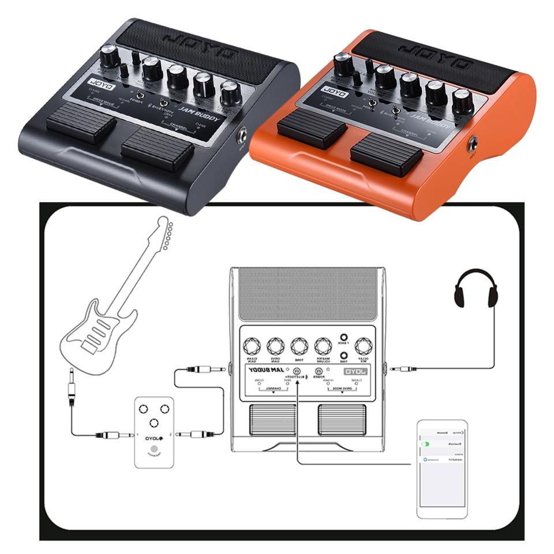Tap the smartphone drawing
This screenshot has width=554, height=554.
pyautogui.click(x=441, y=469)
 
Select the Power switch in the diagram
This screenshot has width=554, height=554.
pyautogui.click(x=318, y=371)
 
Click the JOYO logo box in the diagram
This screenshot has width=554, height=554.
pyautogui.click(x=358, y=371)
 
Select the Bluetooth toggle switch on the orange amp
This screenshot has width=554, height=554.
pyautogui.click(x=396, y=110)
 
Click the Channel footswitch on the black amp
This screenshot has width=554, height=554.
pyautogui.click(x=157, y=149)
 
